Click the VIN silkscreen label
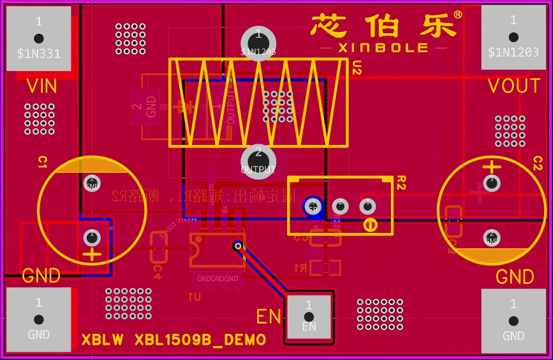click(x=41, y=86)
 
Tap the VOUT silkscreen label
click(x=513, y=86)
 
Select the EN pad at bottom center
click(x=309, y=317)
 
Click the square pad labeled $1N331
click(x=38, y=38)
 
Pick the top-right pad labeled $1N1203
click(x=513, y=38)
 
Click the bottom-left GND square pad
click(x=38, y=320)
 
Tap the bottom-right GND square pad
click(x=513, y=320)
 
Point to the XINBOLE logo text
click(x=383, y=48)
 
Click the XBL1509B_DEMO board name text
click(x=173, y=340)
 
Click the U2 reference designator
click(x=357, y=68)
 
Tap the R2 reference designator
click(x=401, y=184)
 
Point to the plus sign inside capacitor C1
click(x=93, y=255)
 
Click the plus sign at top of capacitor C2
click(x=491, y=167)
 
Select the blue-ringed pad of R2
click(x=313, y=206)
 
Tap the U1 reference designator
click(x=195, y=296)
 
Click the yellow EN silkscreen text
click(x=269, y=316)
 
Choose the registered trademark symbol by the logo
click(x=458, y=14)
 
